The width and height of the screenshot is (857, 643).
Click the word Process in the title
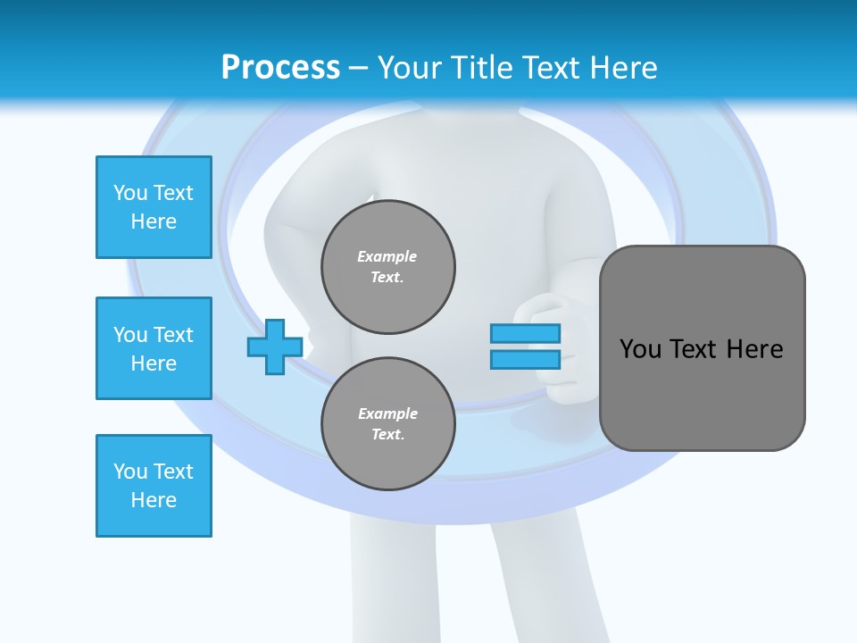pos(280,67)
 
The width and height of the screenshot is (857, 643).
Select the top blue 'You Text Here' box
pos(154,207)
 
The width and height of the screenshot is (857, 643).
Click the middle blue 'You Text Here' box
pos(154,348)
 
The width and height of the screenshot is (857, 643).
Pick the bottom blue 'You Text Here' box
pos(154,486)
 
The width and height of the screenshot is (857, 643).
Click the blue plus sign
pos(275,347)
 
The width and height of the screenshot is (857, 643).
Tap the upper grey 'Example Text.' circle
pos(388,267)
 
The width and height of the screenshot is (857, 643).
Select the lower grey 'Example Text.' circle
pos(388,424)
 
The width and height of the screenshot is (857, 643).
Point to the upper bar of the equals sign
pos(525,333)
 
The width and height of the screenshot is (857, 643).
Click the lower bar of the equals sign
pos(525,359)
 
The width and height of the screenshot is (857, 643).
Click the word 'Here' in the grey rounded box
pos(754,348)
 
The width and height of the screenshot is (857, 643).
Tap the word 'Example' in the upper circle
pos(387,256)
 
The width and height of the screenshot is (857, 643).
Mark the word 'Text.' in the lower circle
pos(388,435)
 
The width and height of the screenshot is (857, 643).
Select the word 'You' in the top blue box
pos(130,193)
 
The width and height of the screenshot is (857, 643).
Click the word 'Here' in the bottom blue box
pos(154,500)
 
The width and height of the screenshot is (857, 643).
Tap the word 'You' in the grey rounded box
pos(641,348)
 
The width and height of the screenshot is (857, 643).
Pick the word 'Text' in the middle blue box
pos(173,335)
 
